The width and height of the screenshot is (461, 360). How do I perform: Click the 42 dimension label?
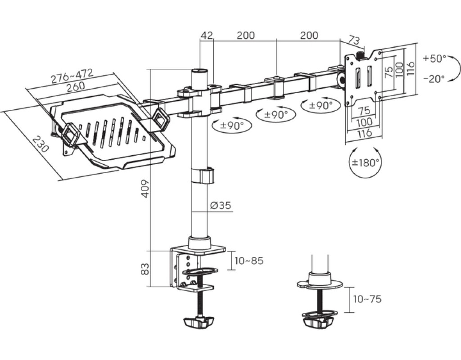tap(206, 35)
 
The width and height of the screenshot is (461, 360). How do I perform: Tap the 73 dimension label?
tap(355, 40)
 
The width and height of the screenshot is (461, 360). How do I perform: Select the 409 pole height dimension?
tap(145, 189)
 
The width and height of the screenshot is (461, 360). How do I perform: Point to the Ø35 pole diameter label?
tap(221, 205)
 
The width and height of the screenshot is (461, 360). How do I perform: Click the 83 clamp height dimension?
tap(145, 269)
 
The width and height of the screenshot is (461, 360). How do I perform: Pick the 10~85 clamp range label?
tap(249, 261)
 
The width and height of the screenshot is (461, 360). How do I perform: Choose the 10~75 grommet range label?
tap(367, 299)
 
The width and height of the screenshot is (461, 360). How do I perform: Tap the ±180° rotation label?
tap(366, 162)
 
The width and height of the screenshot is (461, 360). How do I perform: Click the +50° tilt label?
tap(435, 58)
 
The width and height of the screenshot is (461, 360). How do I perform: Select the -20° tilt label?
tap(434, 79)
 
